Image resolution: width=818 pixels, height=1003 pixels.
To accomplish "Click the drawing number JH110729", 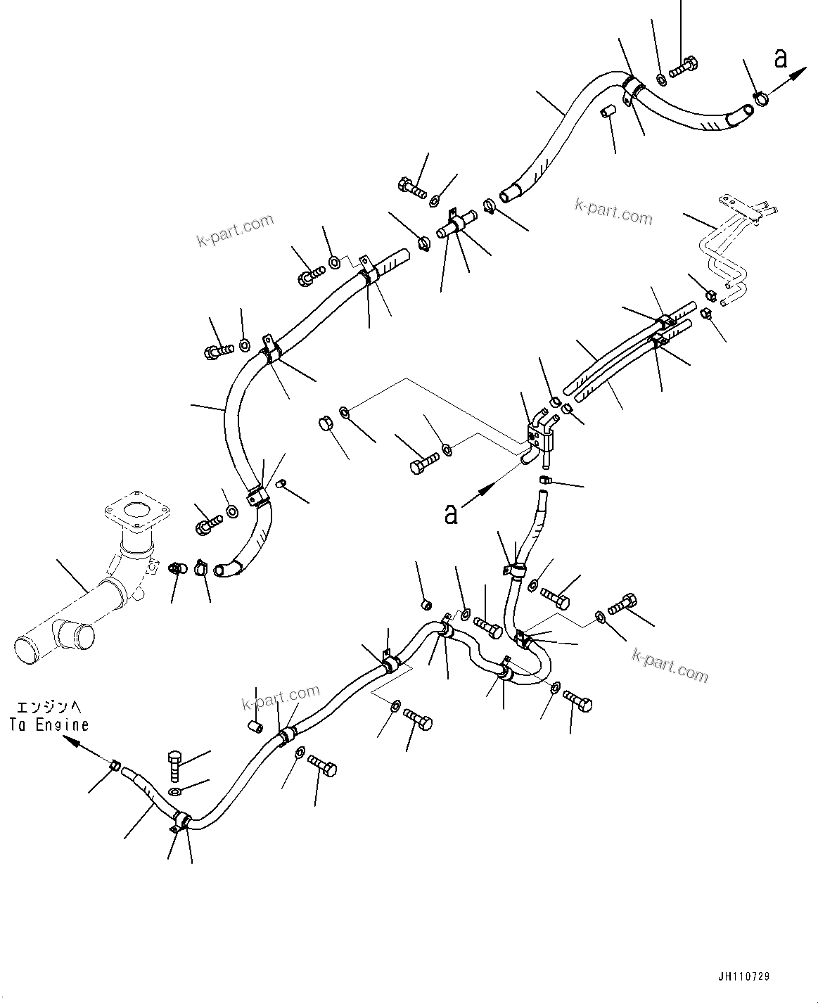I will (744, 977).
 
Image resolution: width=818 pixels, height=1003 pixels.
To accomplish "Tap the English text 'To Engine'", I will (49, 724).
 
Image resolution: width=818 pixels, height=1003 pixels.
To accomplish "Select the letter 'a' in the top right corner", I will (781, 59).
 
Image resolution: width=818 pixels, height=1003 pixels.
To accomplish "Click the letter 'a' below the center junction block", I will (451, 513).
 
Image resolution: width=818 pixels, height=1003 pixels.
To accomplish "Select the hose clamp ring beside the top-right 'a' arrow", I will (760, 99).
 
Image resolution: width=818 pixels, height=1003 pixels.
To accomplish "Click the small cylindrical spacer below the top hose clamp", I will (607, 111).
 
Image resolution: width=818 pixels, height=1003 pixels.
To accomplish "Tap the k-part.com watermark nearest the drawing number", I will (670, 664).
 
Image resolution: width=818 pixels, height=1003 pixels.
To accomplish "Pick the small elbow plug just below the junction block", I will (544, 480).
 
